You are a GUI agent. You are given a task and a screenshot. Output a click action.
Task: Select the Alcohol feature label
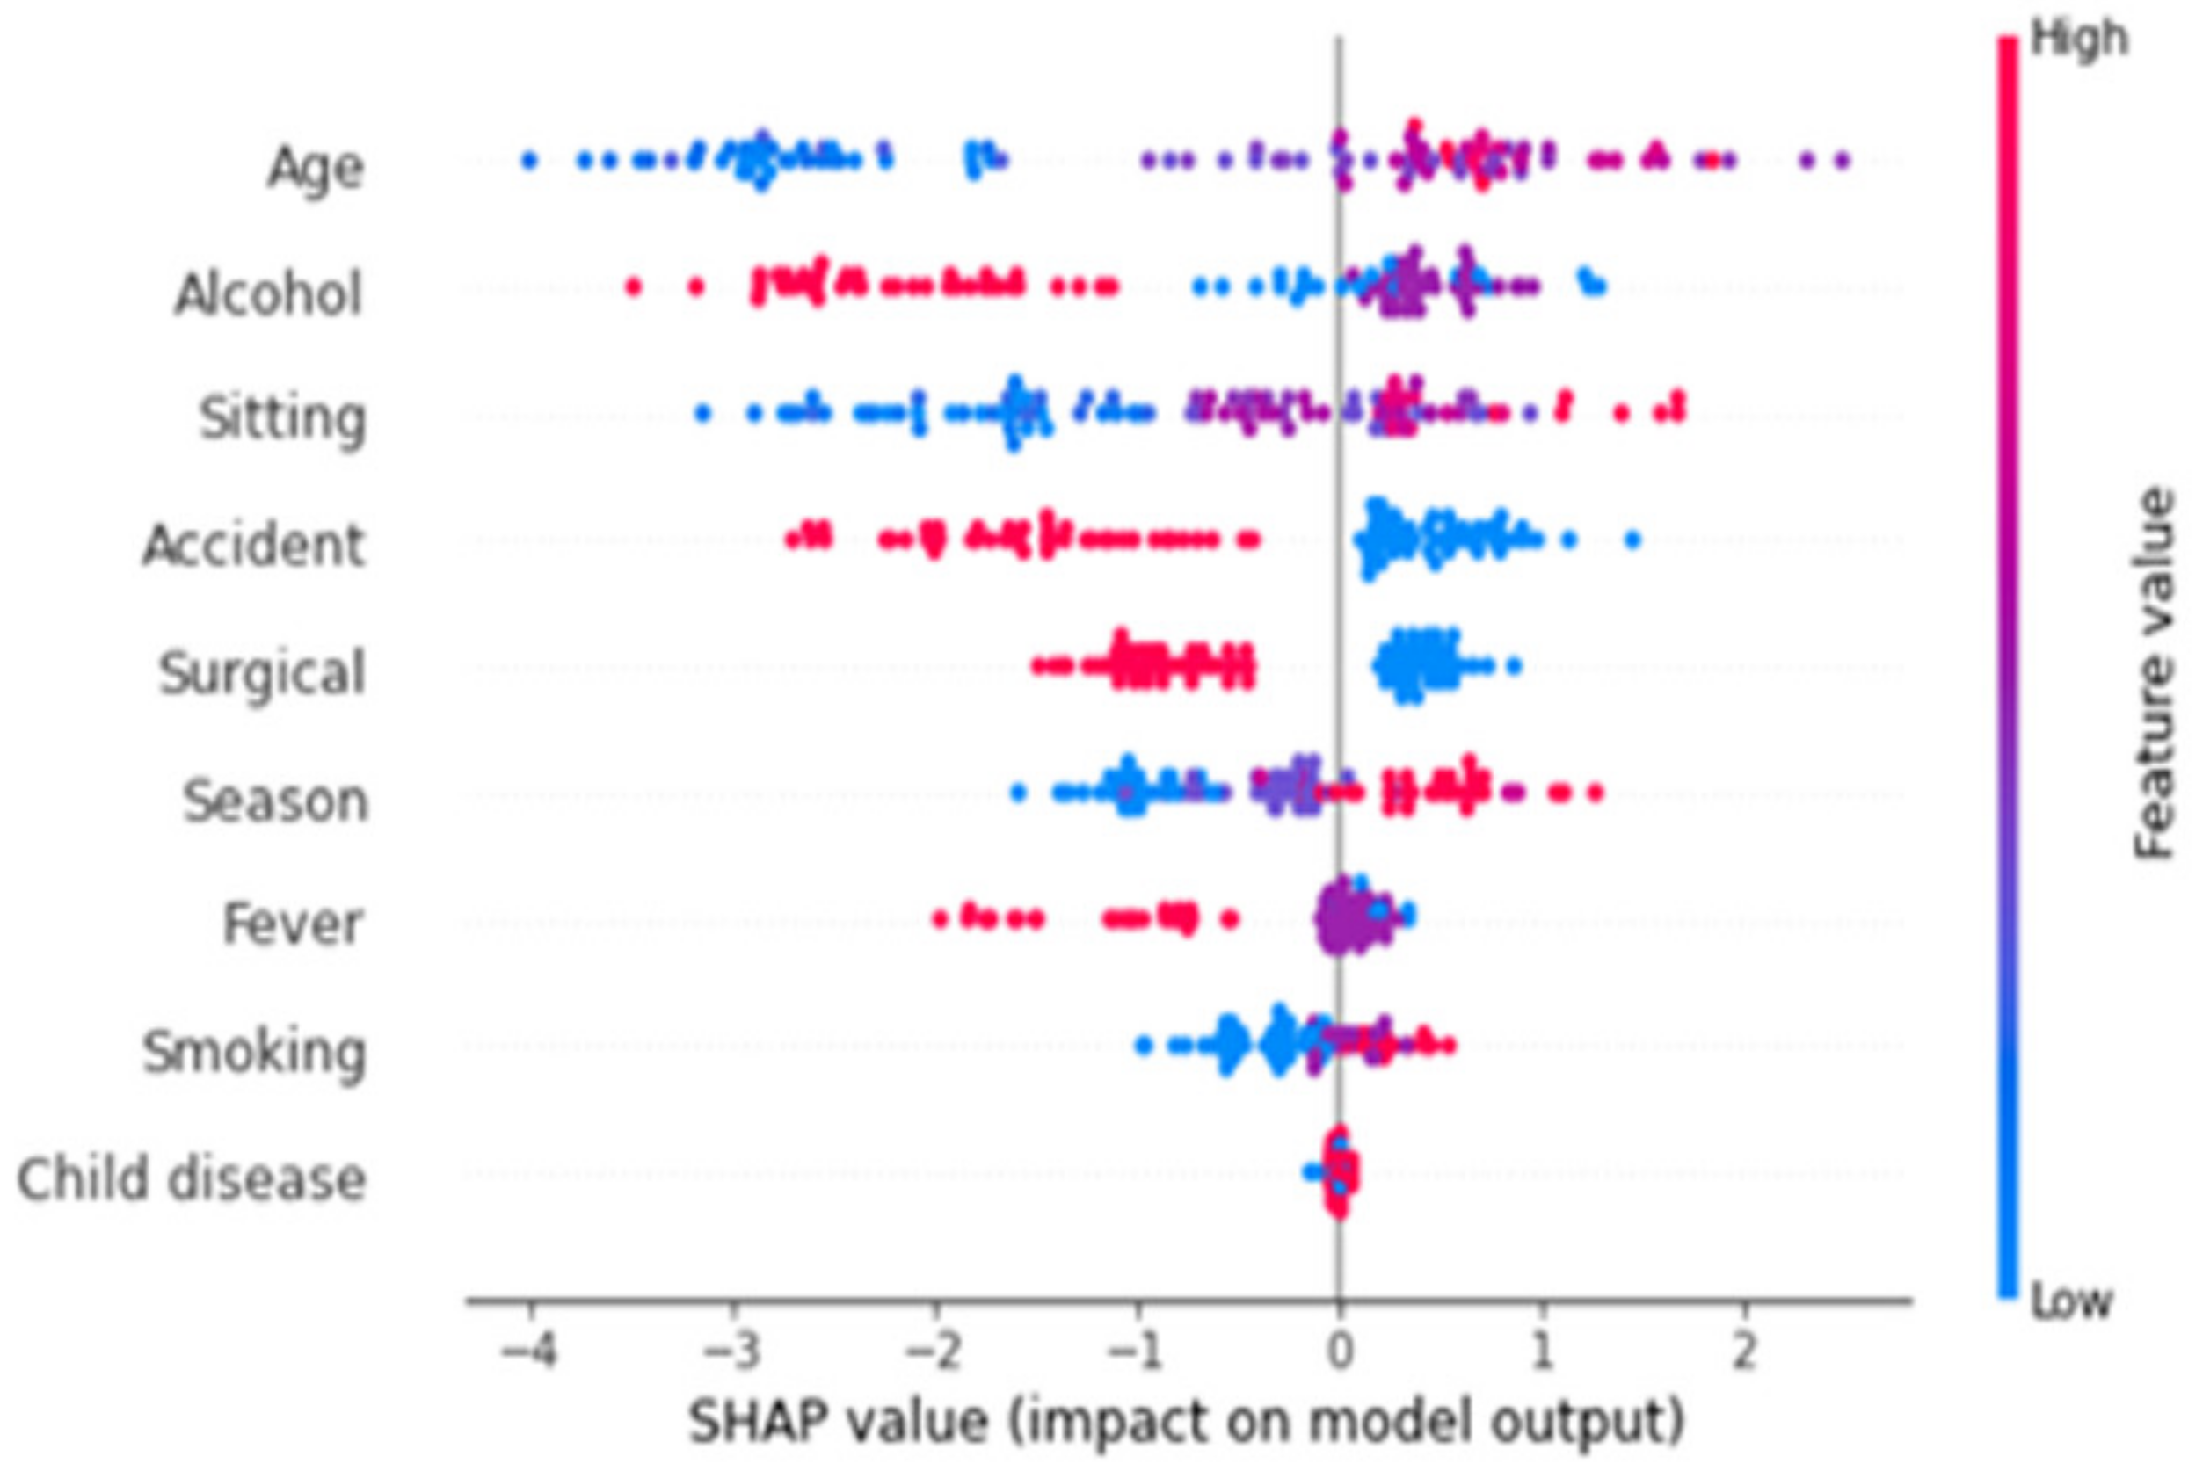268,294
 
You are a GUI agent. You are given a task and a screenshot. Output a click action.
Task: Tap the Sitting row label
282,418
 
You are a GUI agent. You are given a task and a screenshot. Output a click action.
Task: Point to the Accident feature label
252,545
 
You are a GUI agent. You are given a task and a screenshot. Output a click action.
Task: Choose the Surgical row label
262,672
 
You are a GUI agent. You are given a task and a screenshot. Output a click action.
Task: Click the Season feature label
275,801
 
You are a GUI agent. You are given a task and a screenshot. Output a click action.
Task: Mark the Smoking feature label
253,1051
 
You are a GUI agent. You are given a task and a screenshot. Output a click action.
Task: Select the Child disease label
192,1178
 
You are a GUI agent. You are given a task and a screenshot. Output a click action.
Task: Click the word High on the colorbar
2079,40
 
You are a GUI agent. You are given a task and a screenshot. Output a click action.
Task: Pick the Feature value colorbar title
2154,672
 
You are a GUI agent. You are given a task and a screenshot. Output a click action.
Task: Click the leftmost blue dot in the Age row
529,162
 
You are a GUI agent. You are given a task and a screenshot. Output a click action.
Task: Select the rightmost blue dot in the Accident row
1632,540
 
